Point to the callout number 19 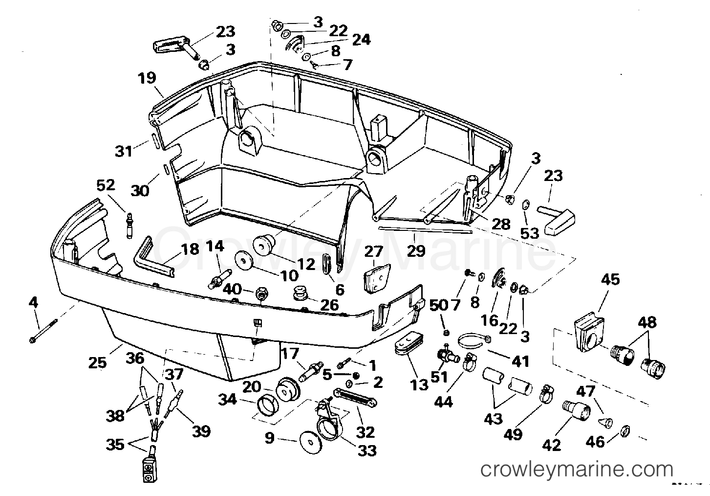coord(147,78)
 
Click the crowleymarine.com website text coord(577,470)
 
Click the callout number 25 coord(98,362)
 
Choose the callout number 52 coord(106,185)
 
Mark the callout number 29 coord(416,251)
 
